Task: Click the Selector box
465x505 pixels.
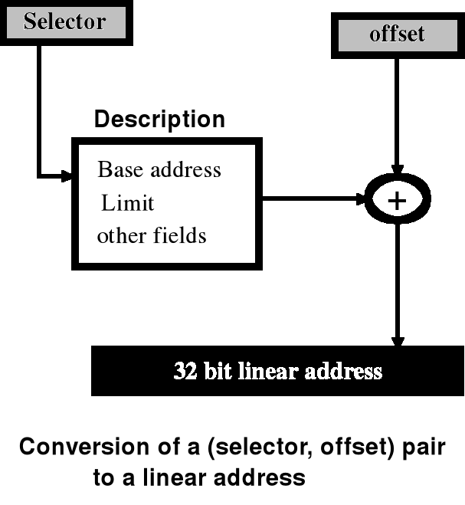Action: pyautogui.click(x=64, y=21)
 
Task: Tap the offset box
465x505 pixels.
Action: pyautogui.click(x=397, y=34)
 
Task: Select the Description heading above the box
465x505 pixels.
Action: pyautogui.click(x=159, y=120)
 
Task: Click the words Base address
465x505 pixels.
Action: pyautogui.click(x=159, y=169)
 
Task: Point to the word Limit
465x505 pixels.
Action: pyautogui.click(x=128, y=203)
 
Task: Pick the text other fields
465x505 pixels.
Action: pyautogui.click(x=152, y=235)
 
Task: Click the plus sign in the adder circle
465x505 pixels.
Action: pyautogui.click(x=397, y=201)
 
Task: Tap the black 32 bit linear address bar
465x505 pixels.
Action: pyautogui.click(x=277, y=372)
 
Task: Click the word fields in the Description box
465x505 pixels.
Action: pyautogui.click(x=182, y=235)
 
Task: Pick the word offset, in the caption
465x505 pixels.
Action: pyautogui.click(x=352, y=447)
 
